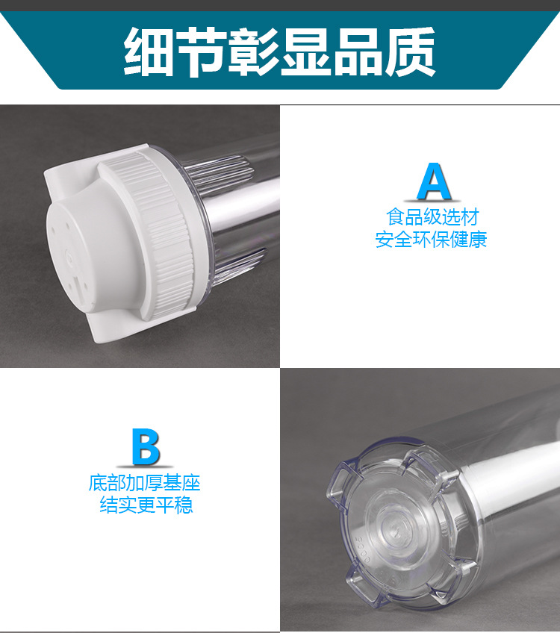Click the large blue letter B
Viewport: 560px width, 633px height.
[x=145, y=447]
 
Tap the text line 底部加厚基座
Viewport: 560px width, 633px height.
[x=145, y=483]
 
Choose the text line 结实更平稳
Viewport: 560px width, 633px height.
[x=146, y=505]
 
